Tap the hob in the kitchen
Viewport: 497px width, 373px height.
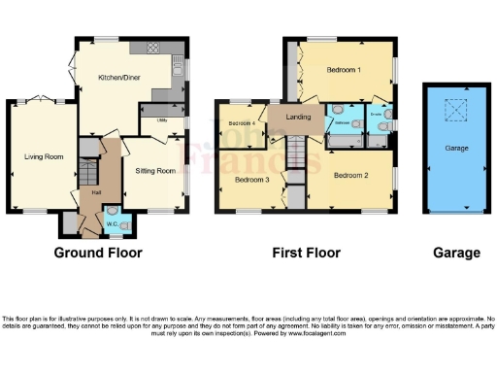[x=153, y=49]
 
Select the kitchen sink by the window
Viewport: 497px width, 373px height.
[x=178, y=68]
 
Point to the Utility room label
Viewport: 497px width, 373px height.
[x=161, y=120]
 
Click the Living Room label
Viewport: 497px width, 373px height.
[x=44, y=155]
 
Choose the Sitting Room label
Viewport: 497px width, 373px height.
[x=155, y=171]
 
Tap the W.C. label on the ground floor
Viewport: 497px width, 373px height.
[x=112, y=224]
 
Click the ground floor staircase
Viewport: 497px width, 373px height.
[x=88, y=176]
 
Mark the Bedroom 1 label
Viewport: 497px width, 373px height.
[x=344, y=71]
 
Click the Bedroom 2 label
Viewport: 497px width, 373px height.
[x=350, y=176]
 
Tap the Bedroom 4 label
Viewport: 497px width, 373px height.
[x=242, y=123]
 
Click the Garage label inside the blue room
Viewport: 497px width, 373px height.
[x=456, y=149]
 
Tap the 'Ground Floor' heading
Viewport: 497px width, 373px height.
[x=97, y=253]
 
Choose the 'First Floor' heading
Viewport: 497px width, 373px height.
[x=306, y=253]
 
